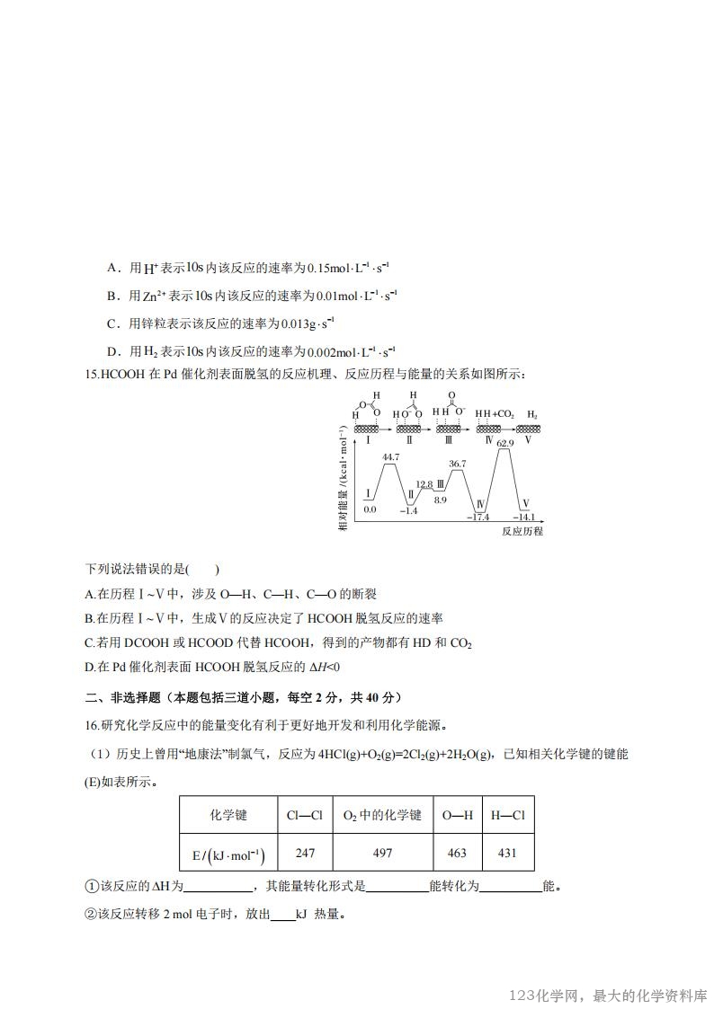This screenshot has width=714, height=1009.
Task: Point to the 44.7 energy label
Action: click(390, 457)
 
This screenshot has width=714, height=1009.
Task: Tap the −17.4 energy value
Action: click(477, 517)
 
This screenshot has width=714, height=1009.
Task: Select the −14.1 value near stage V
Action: click(523, 517)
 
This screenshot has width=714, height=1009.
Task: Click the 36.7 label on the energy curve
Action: click(458, 464)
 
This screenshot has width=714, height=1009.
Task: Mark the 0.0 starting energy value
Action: click(370, 509)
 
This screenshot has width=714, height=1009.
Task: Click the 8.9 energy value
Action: click(440, 499)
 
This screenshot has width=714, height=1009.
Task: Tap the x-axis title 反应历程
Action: click(522, 531)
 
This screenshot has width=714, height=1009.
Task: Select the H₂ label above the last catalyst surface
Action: click(532, 414)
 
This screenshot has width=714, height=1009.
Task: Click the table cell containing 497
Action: click(382, 853)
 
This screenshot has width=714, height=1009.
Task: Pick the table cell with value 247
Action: click(305, 853)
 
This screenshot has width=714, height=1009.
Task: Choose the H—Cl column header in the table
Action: click(507, 815)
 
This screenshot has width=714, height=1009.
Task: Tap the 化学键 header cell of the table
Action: click(228, 815)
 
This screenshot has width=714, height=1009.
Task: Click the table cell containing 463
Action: click(457, 853)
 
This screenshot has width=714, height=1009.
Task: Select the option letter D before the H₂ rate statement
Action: click(112, 350)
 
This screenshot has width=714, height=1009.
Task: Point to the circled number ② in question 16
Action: click(90, 915)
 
